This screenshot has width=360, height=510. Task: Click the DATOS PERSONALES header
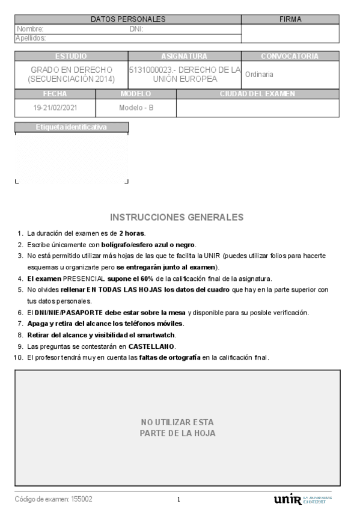pos(127,20)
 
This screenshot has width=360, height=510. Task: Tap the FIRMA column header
pos(290,20)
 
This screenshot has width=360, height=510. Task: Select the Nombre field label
pos(29,29)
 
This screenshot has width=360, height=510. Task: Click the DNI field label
pos(135,29)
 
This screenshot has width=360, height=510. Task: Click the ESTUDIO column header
pos(71,56)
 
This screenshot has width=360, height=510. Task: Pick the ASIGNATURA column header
pos(184,56)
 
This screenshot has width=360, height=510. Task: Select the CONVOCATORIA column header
pos(290,56)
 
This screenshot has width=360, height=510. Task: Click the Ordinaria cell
pos(260,75)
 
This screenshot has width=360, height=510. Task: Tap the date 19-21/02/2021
pos(55,108)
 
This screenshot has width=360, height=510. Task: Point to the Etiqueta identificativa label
pos(71,127)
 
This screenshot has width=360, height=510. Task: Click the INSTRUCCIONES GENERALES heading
pos(177,217)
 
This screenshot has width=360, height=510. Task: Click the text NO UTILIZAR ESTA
pos(177,422)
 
